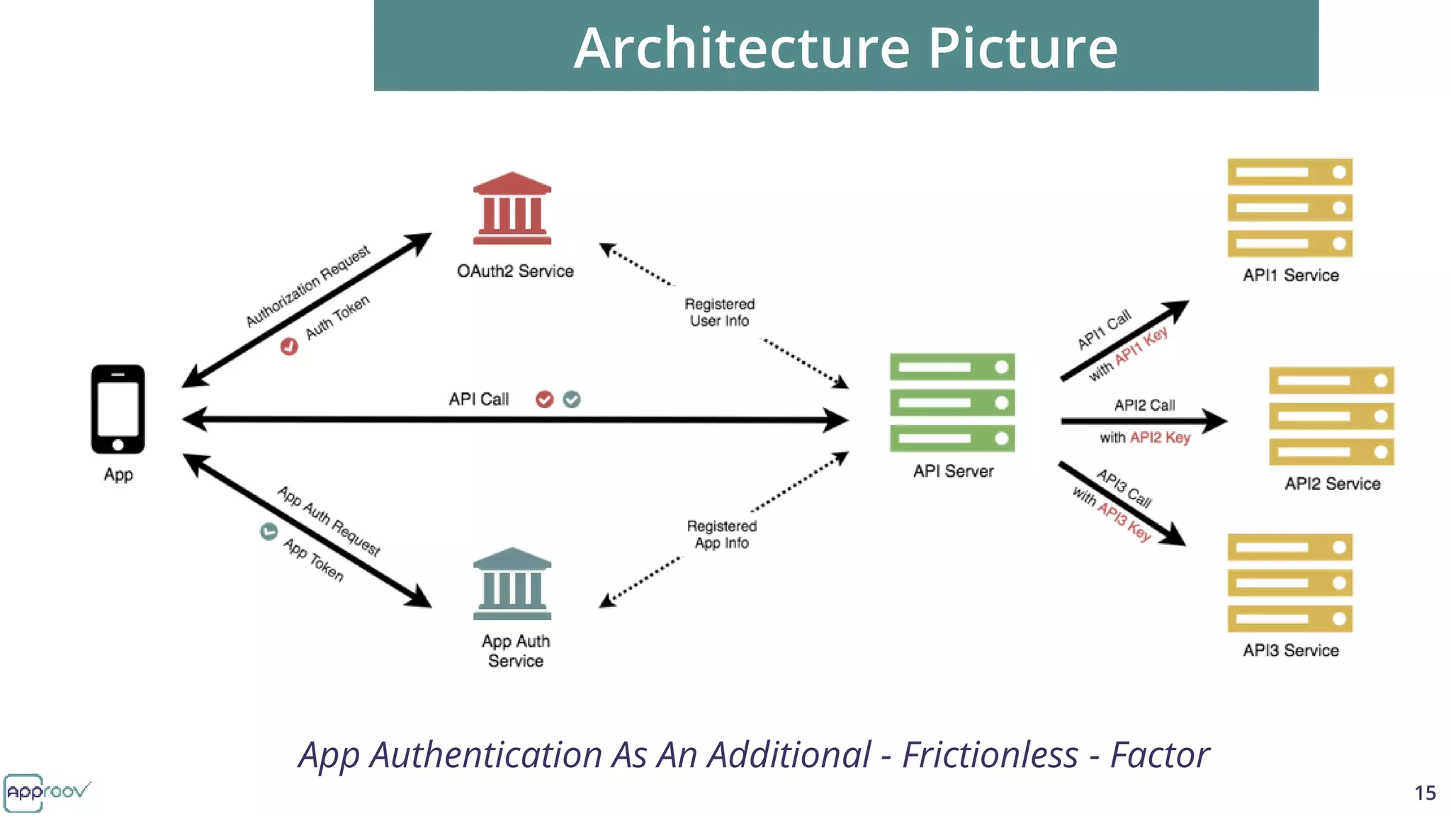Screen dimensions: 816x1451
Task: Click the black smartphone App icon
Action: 118,409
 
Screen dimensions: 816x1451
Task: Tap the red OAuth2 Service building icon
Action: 512,208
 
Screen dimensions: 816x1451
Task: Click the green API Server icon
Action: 952,402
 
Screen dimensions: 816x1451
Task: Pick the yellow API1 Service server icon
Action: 1289,208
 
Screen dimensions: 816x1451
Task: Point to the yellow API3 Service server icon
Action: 1289,583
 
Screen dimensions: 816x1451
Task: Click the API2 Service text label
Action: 1332,484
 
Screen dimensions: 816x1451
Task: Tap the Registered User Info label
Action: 719,312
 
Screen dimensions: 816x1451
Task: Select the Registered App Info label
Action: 721,534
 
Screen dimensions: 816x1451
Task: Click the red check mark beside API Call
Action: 544,399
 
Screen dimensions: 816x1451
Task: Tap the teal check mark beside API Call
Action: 572,399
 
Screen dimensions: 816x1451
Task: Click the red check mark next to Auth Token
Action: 289,346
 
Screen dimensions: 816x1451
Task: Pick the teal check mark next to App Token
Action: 269,531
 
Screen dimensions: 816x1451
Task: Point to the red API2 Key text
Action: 1160,438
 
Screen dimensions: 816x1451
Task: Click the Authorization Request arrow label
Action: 307,286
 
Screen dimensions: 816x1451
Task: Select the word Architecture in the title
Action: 741,48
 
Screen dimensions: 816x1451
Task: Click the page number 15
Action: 1425,793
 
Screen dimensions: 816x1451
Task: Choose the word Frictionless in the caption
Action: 990,755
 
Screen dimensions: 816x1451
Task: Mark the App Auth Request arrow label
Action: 329,521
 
